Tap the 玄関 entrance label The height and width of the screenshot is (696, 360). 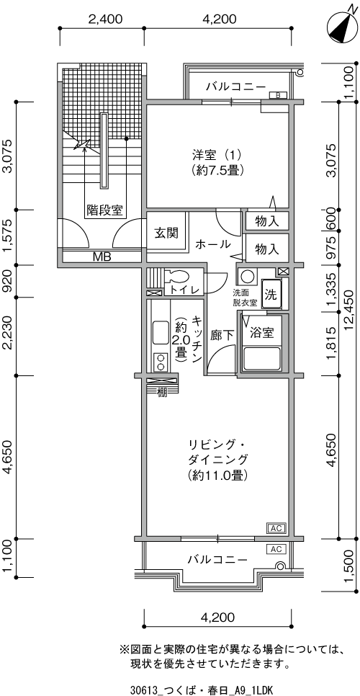(166, 233)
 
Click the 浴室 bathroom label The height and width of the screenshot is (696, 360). (261, 332)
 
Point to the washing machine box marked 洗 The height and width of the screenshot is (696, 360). (271, 294)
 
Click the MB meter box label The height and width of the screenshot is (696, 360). (102, 256)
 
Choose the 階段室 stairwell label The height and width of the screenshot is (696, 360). (104, 210)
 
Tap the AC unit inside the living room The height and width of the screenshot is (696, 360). (276, 528)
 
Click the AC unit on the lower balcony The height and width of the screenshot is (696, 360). (276, 549)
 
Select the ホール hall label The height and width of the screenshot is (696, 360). (213, 244)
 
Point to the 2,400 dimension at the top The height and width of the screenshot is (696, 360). (105, 19)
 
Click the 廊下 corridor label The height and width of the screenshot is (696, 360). (222, 336)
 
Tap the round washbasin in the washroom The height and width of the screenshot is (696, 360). (248, 277)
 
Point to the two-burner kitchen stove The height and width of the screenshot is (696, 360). (160, 361)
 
